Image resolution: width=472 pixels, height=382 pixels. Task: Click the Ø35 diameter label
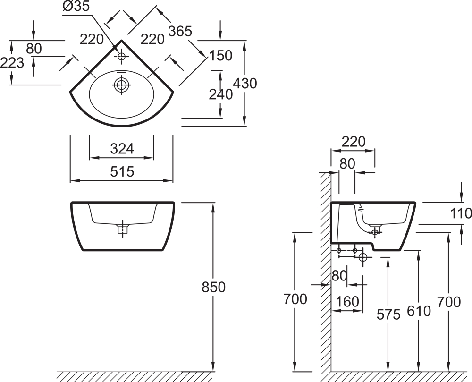tap(76, 6)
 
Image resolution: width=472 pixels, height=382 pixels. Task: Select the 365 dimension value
tap(180, 31)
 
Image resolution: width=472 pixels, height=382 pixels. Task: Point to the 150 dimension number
tap(220, 55)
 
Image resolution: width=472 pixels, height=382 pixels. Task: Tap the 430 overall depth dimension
tap(245, 83)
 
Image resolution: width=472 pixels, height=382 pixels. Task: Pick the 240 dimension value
tap(220, 94)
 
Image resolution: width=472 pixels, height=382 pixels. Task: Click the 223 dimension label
tap(12, 63)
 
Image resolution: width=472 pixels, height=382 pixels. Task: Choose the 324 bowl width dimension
tap(122, 149)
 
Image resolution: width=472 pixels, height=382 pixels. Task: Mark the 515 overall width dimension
tap(122, 171)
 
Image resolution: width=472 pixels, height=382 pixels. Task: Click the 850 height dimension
tap(213, 287)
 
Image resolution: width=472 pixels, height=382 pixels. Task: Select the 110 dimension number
tap(461, 213)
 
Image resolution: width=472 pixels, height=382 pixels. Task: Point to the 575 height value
tap(388, 314)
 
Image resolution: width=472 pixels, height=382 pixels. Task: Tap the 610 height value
tap(419, 311)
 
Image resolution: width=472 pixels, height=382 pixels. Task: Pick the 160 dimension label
tap(347, 302)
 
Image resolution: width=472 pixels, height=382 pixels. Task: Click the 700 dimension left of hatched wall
tap(295, 299)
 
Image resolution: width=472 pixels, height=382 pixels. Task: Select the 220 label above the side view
tap(354, 142)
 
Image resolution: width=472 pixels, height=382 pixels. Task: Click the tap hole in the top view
tap(122, 56)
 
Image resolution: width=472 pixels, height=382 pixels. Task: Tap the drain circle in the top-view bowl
tap(122, 85)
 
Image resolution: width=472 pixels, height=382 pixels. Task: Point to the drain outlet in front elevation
tap(122, 229)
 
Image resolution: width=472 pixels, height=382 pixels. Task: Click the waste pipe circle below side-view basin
tap(363, 258)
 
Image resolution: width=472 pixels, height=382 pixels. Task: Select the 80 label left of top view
tap(34, 49)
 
